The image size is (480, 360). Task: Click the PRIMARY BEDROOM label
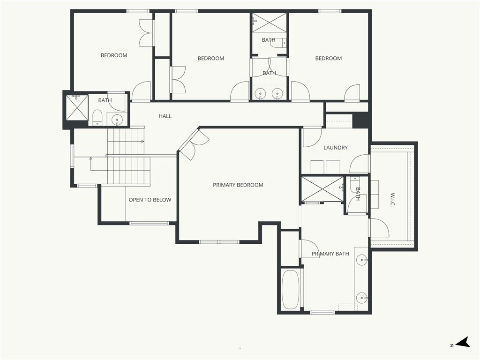tap(238, 185)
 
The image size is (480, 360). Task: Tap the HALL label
tap(165, 116)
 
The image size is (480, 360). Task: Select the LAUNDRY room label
tap(336, 148)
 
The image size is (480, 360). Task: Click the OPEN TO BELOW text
tap(150, 200)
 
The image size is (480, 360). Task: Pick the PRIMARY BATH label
tap(330, 254)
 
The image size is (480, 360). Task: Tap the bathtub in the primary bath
tap(290, 289)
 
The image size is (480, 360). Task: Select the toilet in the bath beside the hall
tap(97, 117)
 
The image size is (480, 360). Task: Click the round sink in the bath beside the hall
tap(117, 120)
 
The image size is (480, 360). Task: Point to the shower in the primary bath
tap(322, 188)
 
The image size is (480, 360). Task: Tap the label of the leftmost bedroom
tap(114, 55)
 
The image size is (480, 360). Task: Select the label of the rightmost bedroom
tap(328, 58)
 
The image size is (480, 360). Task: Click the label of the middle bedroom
tap(210, 58)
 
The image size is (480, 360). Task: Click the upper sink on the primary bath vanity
tap(361, 259)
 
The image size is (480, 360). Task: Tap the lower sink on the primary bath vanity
tap(361, 297)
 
